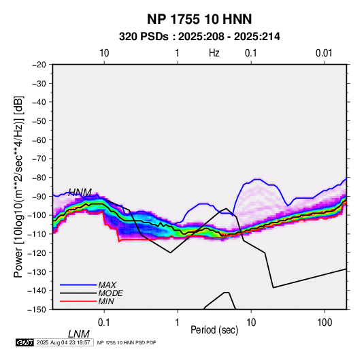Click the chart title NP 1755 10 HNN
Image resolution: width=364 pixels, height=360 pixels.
(199, 19)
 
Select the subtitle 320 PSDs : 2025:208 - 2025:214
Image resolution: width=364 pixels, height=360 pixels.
(199, 37)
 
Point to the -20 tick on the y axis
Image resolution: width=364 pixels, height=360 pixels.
(39, 65)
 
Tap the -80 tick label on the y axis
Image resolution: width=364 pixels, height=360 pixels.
(39, 178)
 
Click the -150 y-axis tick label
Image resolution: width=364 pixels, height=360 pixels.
(37, 310)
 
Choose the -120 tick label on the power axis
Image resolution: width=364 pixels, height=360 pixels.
(37, 253)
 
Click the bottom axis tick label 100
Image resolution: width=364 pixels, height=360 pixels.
(325, 323)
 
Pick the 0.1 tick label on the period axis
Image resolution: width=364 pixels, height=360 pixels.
(104, 323)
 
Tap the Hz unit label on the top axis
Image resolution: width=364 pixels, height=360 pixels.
(214, 53)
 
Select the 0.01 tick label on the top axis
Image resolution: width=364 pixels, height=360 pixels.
(324, 53)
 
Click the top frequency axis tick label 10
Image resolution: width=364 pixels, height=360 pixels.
(104, 53)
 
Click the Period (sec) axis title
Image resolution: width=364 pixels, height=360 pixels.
(214, 330)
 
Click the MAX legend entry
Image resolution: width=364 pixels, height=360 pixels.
(107, 285)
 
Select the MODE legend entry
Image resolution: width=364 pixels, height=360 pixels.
(110, 293)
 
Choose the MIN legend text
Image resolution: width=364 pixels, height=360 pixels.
(106, 301)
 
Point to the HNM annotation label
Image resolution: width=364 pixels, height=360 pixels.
(80, 193)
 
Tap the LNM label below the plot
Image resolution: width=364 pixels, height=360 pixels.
(79, 334)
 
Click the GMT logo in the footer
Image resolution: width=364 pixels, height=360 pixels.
(24, 342)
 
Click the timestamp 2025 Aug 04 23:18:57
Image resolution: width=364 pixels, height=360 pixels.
(63, 342)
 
